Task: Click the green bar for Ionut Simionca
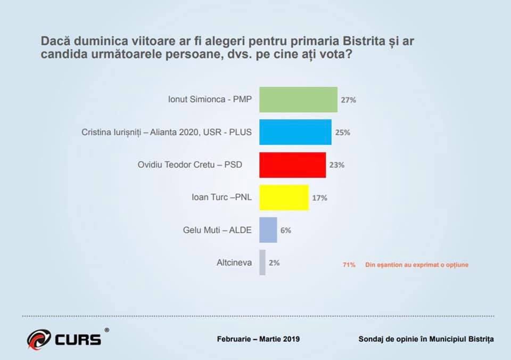point(298,99)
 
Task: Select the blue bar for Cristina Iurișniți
point(295,132)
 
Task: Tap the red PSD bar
point(292,165)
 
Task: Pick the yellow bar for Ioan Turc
point(284,198)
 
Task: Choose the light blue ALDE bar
point(268,230)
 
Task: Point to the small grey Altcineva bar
point(262,263)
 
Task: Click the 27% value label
point(348,100)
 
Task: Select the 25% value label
point(343,133)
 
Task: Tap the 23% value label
point(337,165)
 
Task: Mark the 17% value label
point(320,198)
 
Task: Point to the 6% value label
point(286,231)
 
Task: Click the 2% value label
point(274,263)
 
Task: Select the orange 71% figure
point(349,265)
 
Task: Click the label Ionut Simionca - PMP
point(210,100)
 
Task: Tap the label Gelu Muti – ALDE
point(215,231)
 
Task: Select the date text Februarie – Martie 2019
point(258,339)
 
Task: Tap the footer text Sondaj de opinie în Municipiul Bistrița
point(426,339)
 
